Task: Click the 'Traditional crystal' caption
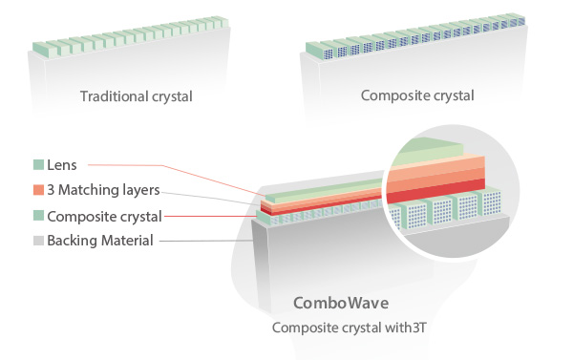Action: [136, 96]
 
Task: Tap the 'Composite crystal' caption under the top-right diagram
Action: [417, 95]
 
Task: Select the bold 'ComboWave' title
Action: [341, 303]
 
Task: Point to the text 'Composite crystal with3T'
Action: [349, 328]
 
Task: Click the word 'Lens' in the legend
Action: [62, 165]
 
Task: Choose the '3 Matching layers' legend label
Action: [103, 190]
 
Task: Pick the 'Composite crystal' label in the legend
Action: [104, 217]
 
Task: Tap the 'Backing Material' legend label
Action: [100, 241]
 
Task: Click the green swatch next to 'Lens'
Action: [38, 164]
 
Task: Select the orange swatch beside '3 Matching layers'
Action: [38, 190]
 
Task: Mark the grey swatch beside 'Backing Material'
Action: [38, 241]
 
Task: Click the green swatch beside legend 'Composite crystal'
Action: [38, 215]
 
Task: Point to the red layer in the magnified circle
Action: [435, 190]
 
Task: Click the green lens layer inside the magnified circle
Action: [428, 152]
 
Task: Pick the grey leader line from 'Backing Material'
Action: [205, 241]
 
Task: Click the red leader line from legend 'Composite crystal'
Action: [211, 217]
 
